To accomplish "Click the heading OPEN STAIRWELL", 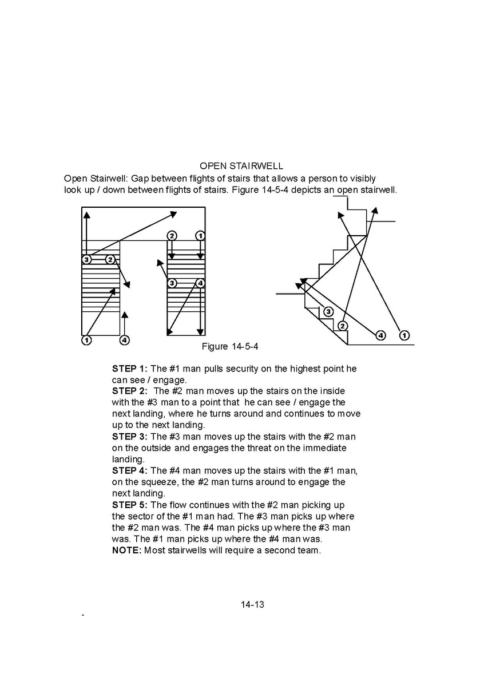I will click(241, 166).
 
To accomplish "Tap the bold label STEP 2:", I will click(130, 391).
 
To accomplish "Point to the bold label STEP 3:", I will click(130, 437).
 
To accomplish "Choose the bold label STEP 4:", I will click(130, 471).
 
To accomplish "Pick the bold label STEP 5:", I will click(130, 505).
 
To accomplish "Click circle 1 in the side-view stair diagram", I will click(404, 335).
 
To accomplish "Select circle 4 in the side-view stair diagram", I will click(380, 335).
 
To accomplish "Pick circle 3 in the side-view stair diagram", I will click(328, 311).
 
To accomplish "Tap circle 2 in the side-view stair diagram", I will click(342, 326).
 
